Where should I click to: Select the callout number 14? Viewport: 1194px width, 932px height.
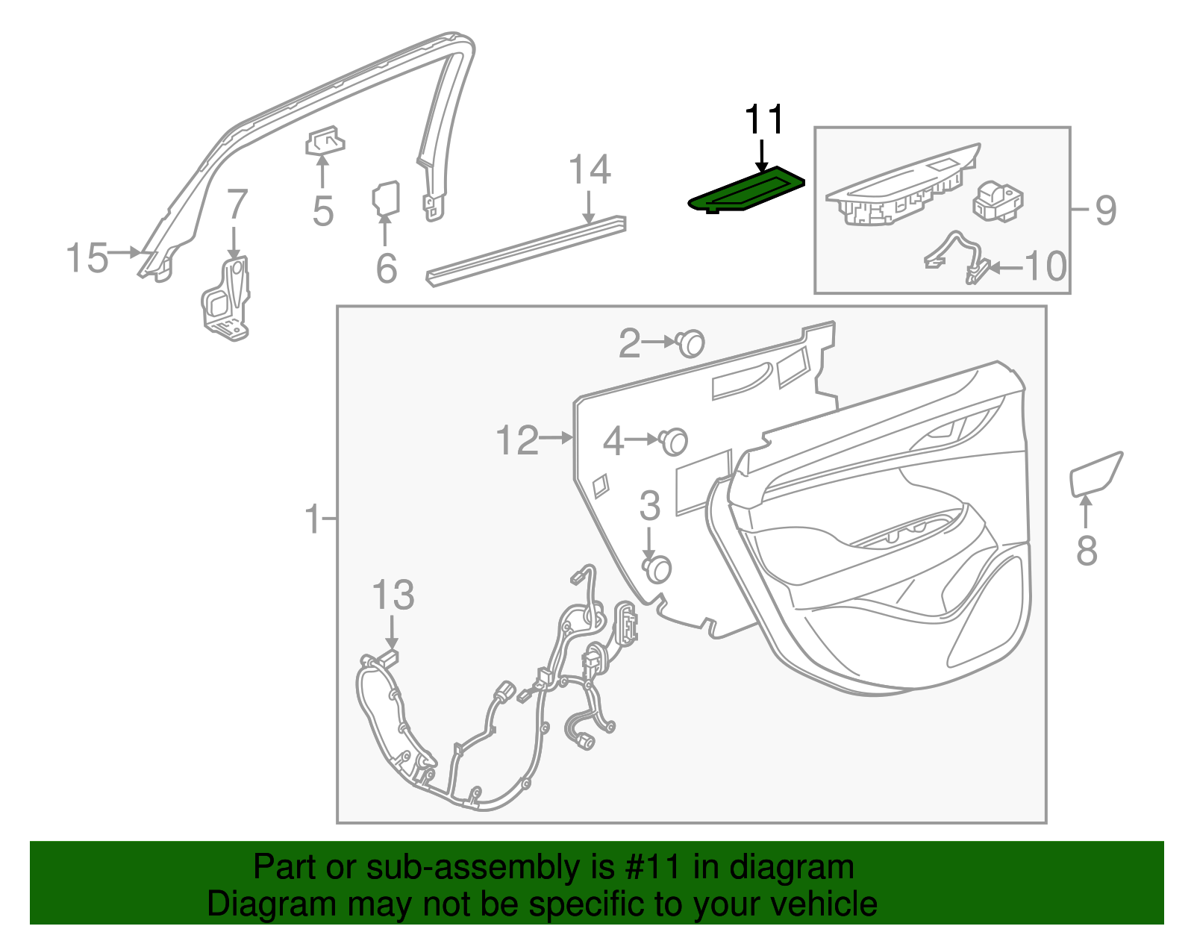point(590,171)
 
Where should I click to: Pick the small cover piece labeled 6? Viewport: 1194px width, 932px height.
point(386,197)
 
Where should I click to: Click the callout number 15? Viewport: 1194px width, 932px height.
point(87,258)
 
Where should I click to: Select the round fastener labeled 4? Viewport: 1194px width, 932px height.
point(674,441)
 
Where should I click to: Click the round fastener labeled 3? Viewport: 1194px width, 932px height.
point(657,569)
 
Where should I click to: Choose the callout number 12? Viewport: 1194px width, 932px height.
point(517,440)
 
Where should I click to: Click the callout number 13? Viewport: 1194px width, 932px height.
point(393,596)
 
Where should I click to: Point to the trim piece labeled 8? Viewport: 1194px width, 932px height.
point(1094,474)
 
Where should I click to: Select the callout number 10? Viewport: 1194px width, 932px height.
point(1045,266)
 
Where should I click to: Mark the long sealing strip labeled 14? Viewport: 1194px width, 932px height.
point(525,249)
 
